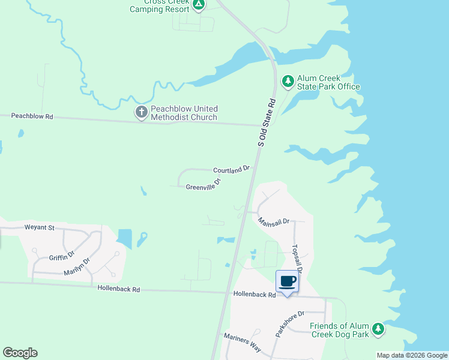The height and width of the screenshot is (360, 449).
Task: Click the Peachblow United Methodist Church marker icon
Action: (x=142, y=112)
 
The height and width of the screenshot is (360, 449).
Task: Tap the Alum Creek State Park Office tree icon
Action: (x=289, y=80)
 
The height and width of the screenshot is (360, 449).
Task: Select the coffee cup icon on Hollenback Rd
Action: (x=288, y=281)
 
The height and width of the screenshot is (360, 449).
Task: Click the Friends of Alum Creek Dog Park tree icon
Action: (x=378, y=328)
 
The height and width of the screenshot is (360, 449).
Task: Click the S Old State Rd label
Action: (x=267, y=122)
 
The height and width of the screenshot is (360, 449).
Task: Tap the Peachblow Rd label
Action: (x=32, y=116)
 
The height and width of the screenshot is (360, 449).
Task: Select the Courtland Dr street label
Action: (x=231, y=170)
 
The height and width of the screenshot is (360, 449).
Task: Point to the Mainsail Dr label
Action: (x=274, y=221)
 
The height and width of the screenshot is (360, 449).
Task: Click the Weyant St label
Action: (x=39, y=227)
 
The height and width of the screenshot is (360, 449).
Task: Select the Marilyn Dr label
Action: (x=77, y=267)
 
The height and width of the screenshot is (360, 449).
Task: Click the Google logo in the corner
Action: (x=20, y=353)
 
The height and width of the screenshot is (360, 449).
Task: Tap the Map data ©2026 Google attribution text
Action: (x=412, y=355)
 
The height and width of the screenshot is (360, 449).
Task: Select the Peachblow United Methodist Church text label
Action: (x=184, y=113)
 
